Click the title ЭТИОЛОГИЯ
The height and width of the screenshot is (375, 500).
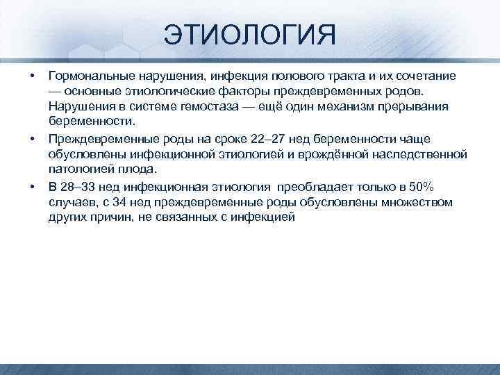click(x=250, y=33)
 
